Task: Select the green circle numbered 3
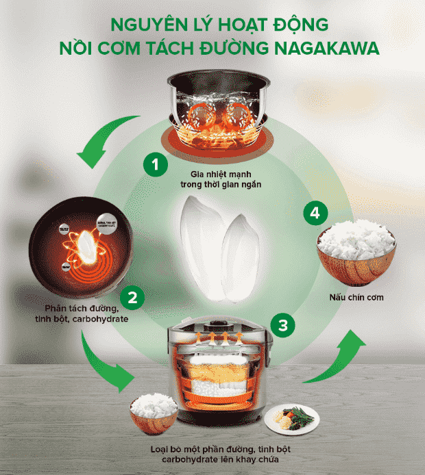coord(282,324)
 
